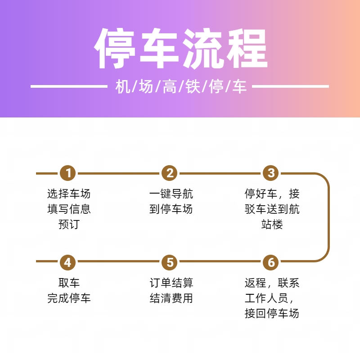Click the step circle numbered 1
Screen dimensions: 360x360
click(68, 173)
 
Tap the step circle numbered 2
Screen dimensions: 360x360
click(170, 173)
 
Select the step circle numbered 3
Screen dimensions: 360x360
click(271, 173)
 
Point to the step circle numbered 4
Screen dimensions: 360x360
click(68, 262)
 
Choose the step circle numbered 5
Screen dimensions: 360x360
click(170, 262)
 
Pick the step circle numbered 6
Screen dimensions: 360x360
click(271, 262)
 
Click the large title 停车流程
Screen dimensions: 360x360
click(181, 49)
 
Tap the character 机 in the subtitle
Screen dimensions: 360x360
click(123, 86)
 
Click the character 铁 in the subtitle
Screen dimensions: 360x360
click(193, 86)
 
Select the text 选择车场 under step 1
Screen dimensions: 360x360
click(69, 194)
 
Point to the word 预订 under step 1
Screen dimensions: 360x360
click(69, 224)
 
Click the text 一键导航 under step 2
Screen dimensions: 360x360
click(171, 194)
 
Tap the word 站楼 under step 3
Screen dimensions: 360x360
click(272, 224)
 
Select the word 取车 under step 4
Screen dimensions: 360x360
click(69, 283)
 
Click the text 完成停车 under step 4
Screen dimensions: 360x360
click(69, 298)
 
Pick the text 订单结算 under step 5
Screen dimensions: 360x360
click(171, 283)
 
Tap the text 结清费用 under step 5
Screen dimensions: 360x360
click(171, 298)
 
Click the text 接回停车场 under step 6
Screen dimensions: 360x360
click(272, 313)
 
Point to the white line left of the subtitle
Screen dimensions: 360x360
click(69, 86)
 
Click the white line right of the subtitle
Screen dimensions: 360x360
click(290, 86)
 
